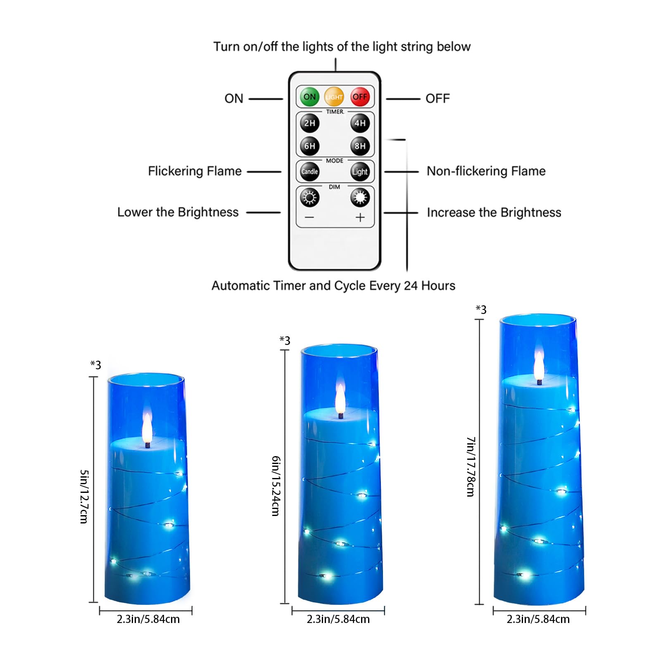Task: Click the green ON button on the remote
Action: click(x=309, y=97)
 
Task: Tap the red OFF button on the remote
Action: click(x=360, y=97)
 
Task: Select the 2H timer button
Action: click(x=309, y=123)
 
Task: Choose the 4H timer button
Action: click(x=360, y=123)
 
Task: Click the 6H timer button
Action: click(x=309, y=146)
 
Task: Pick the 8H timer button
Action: click(x=360, y=146)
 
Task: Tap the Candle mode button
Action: click(x=309, y=171)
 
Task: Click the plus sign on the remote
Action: click(x=360, y=217)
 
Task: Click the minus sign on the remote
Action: click(x=309, y=217)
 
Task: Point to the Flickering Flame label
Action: click(x=195, y=171)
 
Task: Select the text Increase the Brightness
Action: click(x=494, y=212)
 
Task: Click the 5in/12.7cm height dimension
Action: click(x=84, y=496)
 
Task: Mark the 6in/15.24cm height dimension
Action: click(x=276, y=486)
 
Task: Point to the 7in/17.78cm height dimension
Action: click(x=471, y=466)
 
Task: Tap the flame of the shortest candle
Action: click(x=147, y=428)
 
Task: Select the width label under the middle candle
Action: click(x=338, y=619)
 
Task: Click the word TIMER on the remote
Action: click(x=335, y=112)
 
